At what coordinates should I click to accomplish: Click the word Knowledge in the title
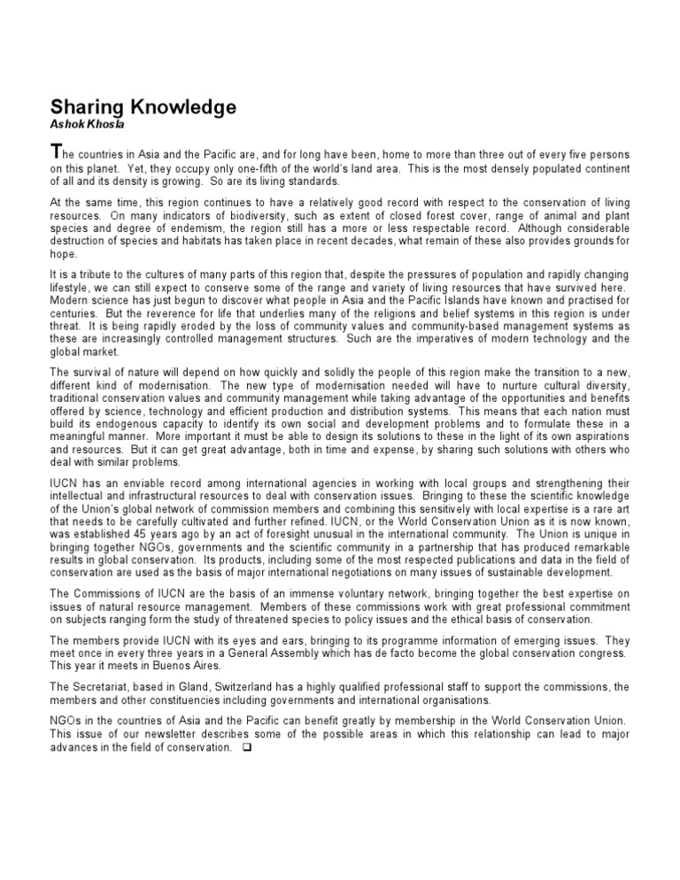tap(182, 107)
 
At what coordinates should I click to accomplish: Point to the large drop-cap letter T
tap(55, 152)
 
